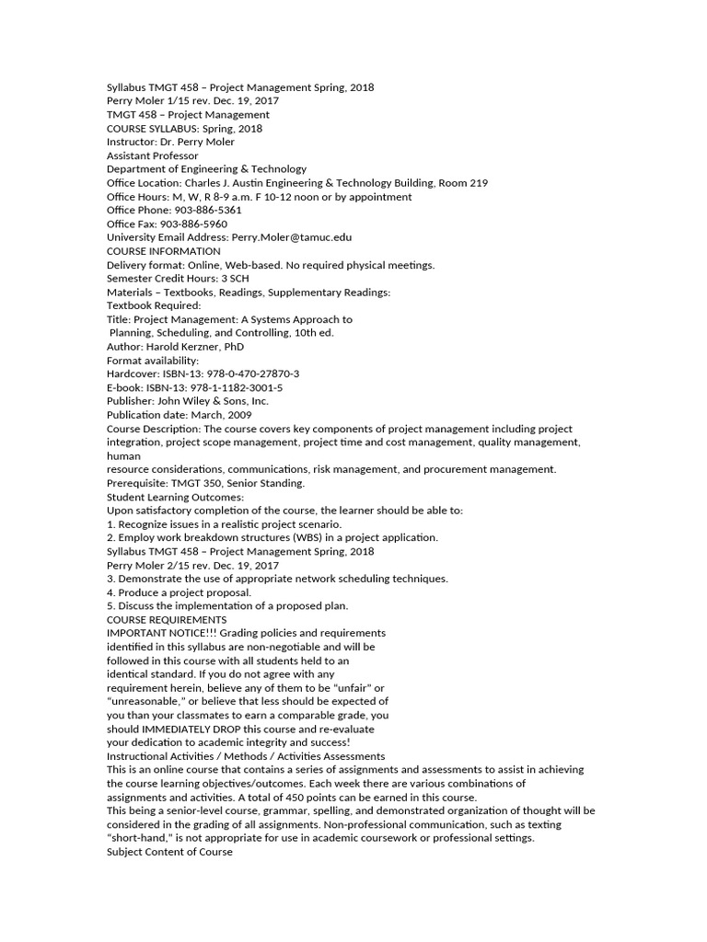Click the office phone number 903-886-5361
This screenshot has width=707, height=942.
coord(208,210)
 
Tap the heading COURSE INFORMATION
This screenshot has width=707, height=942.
coord(164,251)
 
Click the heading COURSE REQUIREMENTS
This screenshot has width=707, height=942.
coord(167,619)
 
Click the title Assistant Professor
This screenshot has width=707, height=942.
coord(153,155)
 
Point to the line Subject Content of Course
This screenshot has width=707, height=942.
coord(169,852)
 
